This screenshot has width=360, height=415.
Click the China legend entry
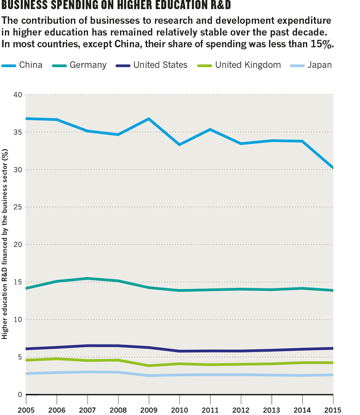22,65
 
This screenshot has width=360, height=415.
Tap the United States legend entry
151,65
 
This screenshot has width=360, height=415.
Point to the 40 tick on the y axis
18,95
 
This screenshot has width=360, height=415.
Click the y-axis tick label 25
18,207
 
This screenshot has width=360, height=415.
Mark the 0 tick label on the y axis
20,395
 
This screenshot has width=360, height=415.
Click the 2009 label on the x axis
149,410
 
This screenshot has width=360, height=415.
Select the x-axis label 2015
333,410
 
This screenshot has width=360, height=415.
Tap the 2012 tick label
241,410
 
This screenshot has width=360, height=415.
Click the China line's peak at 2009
149,119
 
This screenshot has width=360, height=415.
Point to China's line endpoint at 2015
333,167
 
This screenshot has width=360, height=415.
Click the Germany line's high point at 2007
87,278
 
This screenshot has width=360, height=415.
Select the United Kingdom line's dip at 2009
149,365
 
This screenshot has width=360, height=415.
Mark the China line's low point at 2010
180,145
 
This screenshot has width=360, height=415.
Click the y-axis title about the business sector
4,244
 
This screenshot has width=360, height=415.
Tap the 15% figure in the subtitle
322,44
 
